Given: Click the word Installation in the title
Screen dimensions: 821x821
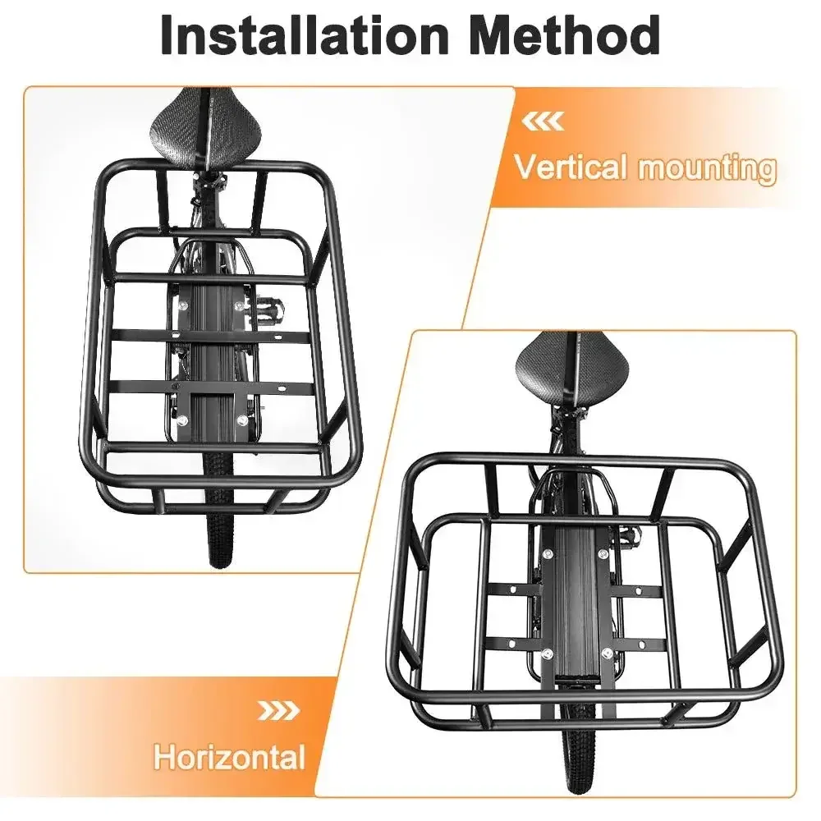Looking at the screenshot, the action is (305, 34).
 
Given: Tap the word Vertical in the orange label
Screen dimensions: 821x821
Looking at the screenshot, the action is (571, 167).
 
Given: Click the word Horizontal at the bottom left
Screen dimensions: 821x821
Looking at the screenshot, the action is (229, 757).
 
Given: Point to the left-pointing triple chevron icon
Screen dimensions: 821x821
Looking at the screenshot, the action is (543, 122).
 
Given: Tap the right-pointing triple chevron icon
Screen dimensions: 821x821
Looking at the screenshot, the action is (279, 710).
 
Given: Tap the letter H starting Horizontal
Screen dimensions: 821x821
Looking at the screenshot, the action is (164, 757).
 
